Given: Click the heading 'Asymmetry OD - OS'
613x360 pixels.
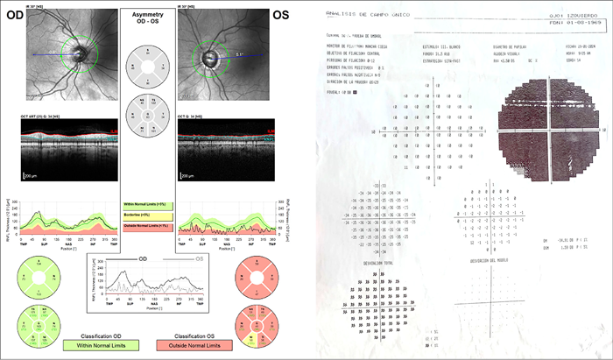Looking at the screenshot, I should (x=148, y=21).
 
